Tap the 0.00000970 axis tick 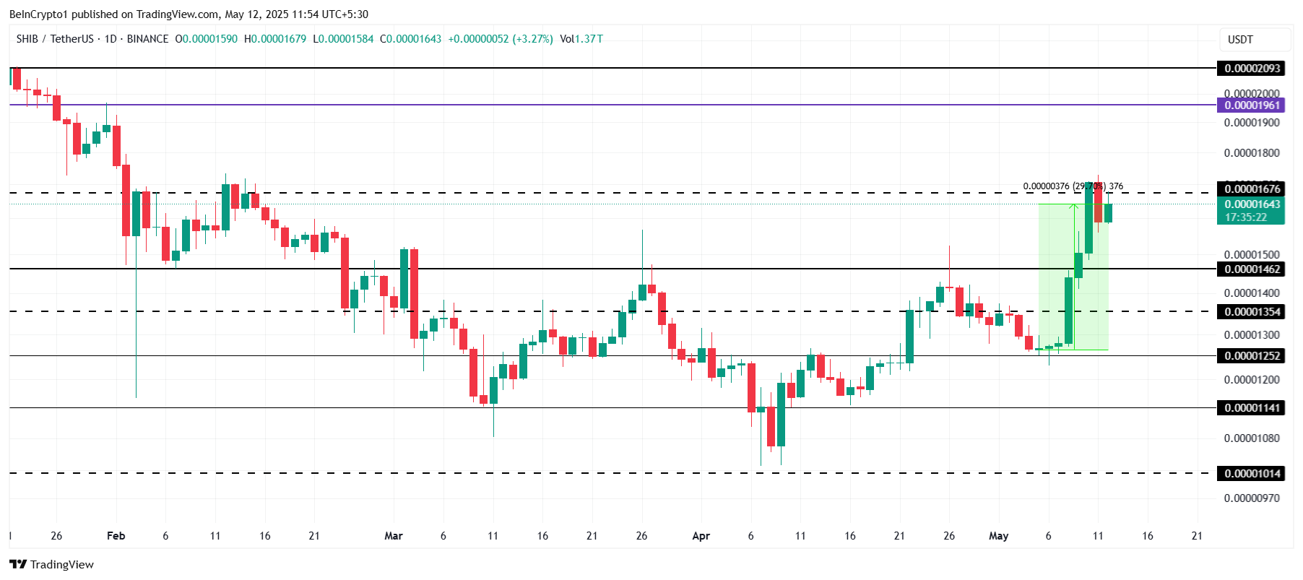pos(1252,498)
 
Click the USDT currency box pos(1240,40)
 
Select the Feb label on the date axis pos(116,536)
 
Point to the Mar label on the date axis pos(394,536)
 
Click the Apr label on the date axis pos(701,536)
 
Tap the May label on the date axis pos(998,536)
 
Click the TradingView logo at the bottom pos(52,565)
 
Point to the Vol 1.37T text pos(581,39)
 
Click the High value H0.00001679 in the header pos(275,39)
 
